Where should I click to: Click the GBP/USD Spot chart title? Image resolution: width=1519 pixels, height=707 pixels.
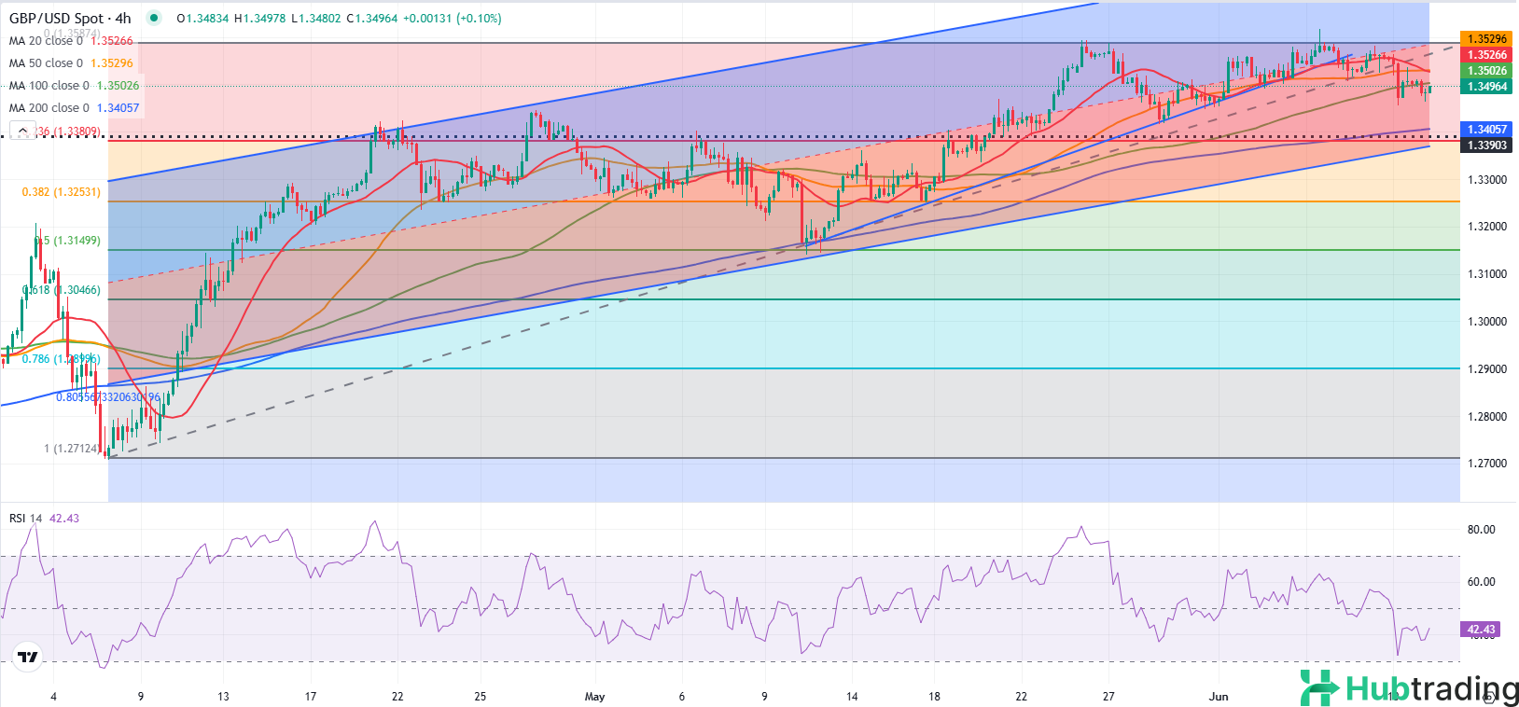pyautogui.click(x=70, y=18)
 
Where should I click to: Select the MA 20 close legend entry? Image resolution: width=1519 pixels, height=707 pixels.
pyautogui.click(x=46, y=41)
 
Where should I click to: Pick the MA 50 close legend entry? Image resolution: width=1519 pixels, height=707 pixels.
pyautogui.click(x=46, y=63)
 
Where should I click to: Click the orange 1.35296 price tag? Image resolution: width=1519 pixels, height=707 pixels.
pyautogui.click(x=1486, y=39)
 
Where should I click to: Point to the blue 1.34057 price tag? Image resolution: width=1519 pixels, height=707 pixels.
pyautogui.click(x=1486, y=130)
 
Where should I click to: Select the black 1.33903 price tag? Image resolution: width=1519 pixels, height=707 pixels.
pyautogui.click(x=1486, y=146)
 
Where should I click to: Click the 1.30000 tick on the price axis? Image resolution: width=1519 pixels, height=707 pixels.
pyautogui.click(x=1486, y=322)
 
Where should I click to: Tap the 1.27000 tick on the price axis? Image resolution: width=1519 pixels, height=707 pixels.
pyautogui.click(x=1486, y=464)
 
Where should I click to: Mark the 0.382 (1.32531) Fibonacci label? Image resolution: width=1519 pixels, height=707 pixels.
pyautogui.click(x=61, y=192)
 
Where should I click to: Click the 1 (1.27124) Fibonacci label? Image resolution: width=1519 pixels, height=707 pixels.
pyautogui.click(x=71, y=449)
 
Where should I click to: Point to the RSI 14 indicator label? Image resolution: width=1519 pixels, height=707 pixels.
pyautogui.click(x=25, y=519)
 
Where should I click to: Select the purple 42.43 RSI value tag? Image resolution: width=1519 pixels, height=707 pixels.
pyautogui.click(x=1481, y=630)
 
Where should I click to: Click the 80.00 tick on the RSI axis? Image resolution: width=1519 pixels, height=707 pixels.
pyautogui.click(x=1481, y=530)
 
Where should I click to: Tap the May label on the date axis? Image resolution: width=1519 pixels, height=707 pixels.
pyautogui.click(x=594, y=697)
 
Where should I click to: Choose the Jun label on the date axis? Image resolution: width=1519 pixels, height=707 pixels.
pyautogui.click(x=1218, y=697)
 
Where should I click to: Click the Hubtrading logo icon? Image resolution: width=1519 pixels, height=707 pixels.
pyautogui.click(x=1319, y=688)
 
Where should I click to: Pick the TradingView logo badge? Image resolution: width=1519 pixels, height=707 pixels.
pyautogui.click(x=28, y=658)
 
